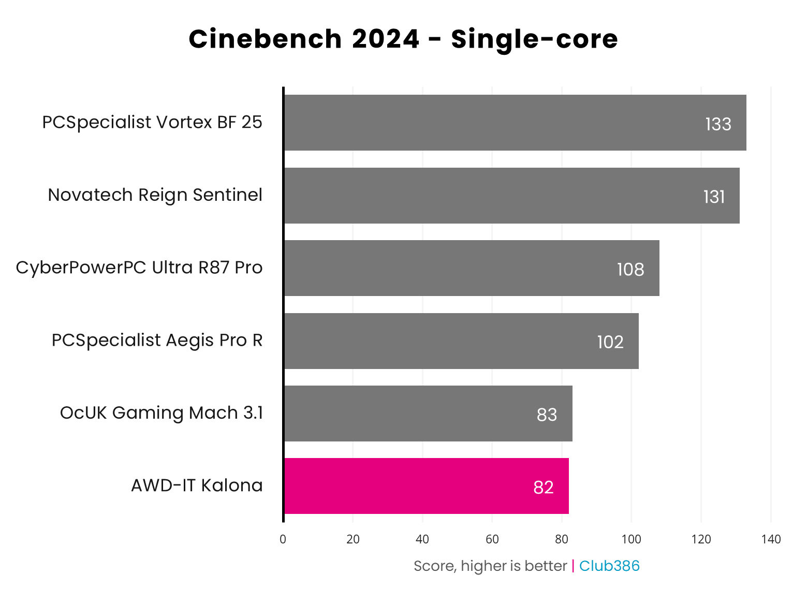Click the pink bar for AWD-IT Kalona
[x=426, y=486]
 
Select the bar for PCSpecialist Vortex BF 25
[x=515, y=123]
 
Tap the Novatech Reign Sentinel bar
[x=511, y=196]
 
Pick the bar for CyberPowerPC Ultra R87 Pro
[x=472, y=268]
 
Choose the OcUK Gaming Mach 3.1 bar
[x=428, y=414]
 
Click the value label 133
[x=718, y=125]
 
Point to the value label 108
[x=630, y=270]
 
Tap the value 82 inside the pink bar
[x=544, y=488]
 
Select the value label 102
[x=610, y=342]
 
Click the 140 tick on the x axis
[x=771, y=539]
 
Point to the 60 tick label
[x=492, y=539]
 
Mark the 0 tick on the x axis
[x=283, y=539]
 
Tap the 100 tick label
[x=631, y=539]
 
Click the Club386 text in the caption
[x=609, y=566]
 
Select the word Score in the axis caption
[x=434, y=566]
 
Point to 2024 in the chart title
[x=386, y=39]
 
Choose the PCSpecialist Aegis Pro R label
[x=157, y=341]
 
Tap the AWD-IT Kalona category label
[x=197, y=485]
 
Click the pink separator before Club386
[x=573, y=566]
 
